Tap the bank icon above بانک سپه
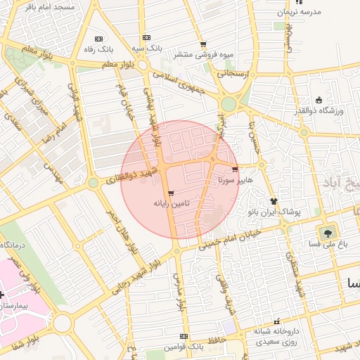coord(146,38)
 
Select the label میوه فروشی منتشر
coord(207,54)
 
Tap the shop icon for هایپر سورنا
coord(234,169)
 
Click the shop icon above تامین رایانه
coord(171,193)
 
